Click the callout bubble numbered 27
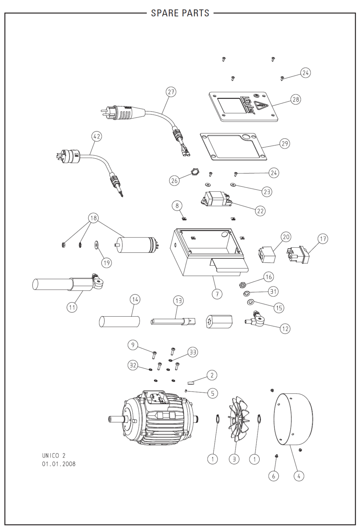pos(171,92)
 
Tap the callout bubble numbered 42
pos(97,136)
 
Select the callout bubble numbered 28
pos(296,99)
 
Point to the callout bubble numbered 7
pos(217,294)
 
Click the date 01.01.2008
pos(59,464)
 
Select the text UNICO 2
pos(54,456)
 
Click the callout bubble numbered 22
pos(260,211)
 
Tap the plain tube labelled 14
pos(119,322)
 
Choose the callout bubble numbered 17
pos(323,239)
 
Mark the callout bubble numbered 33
pos(192,352)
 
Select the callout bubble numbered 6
pos(273,476)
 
